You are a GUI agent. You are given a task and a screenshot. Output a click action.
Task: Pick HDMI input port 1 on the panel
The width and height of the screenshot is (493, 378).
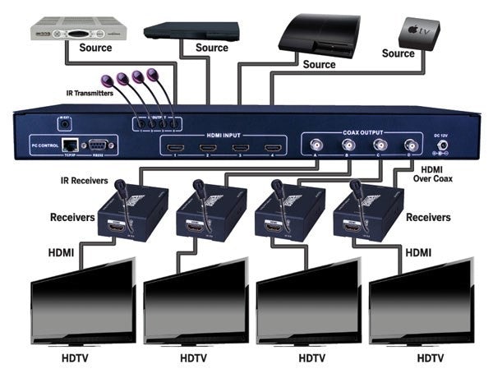[x=174, y=150]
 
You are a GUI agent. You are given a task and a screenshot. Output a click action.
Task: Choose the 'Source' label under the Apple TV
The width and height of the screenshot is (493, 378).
[x=399, y=53]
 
